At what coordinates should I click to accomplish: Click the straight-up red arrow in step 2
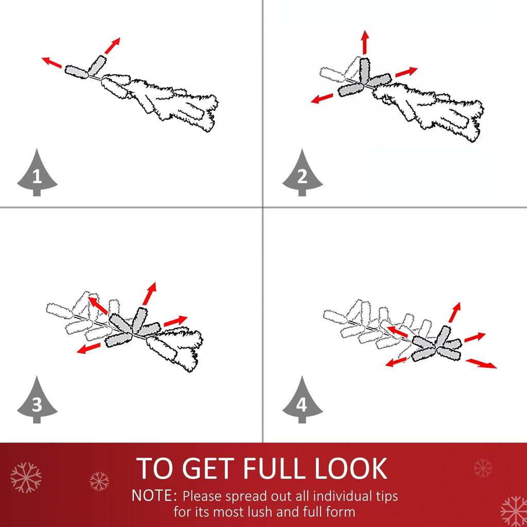[365, 42]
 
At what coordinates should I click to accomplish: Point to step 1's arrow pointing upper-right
[112, 46]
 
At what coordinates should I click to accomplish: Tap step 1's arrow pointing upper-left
[52, 62]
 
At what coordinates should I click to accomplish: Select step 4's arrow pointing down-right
[481, 363]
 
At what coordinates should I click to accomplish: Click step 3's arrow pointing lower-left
[89, 348]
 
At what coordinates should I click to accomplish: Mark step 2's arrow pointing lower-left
[322, 98]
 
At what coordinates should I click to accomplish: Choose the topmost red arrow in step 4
[454, 312]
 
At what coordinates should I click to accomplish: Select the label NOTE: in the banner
[154, 496]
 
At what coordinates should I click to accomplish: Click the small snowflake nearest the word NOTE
[99, 481]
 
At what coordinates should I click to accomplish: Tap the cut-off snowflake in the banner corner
[514, 512]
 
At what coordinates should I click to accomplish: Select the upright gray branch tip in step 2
[365, 71]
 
